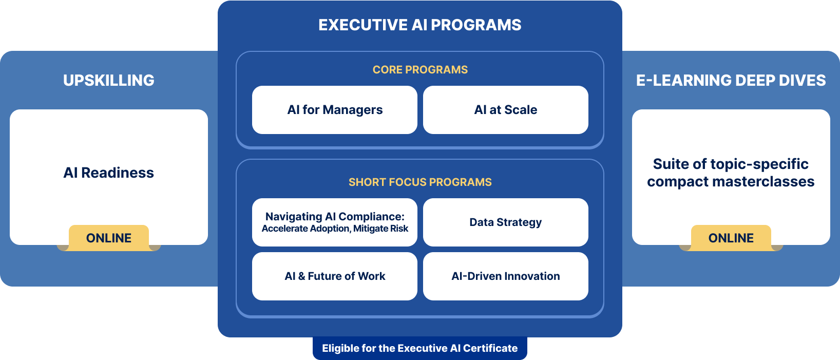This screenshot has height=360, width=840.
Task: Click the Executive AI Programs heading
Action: tap(419, 25)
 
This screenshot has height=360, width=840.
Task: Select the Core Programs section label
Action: tap(420, 70)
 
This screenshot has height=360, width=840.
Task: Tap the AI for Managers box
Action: tap(334, 110)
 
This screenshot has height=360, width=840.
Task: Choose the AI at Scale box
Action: tap(506, 110)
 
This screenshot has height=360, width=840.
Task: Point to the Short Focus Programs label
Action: tap(420, 182)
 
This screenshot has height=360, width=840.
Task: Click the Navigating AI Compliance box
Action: tap(334, 222)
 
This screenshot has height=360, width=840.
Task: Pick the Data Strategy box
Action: tap(506, 222)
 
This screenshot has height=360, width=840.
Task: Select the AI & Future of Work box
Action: tap(334, 276)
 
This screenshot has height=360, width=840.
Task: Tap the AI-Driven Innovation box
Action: tap(506, 276)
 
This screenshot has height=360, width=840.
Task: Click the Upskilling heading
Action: tap(109, 80)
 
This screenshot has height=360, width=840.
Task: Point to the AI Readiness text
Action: tap(109, 173)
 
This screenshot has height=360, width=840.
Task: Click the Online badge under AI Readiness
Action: tap(109, 238)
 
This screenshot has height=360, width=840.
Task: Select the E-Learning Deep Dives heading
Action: tap(731, 80)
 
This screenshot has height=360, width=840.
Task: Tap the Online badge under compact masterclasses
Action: tap(731, 238)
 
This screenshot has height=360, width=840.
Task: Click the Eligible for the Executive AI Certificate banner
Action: tap(420, 348)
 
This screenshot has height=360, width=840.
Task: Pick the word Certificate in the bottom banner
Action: tap(490, 348)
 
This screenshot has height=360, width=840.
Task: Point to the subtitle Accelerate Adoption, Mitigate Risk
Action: tap(335, 229)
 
